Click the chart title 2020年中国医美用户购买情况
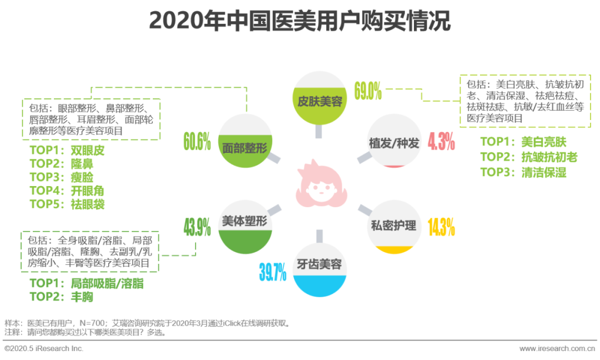(x=299, y=21)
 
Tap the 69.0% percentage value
(x=368, y=91)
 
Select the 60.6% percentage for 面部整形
(x=197, y=142)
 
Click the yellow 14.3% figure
(x=441, y=227)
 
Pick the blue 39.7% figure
(x=272, y=272)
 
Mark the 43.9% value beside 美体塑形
(x=197, y=227)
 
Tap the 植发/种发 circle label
(x=394, y=143)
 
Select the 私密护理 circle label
(x=394, y=226)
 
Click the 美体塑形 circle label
(x=244, y=221)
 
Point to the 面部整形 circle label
(x=244, y=148)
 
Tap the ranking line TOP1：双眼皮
(x=67, y=151)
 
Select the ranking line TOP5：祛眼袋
(x=67, y=204)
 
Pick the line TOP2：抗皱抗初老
(x=528, y=157)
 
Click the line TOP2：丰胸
(x=61, y=297)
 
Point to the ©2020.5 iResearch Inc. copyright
(x=44, y=348)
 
